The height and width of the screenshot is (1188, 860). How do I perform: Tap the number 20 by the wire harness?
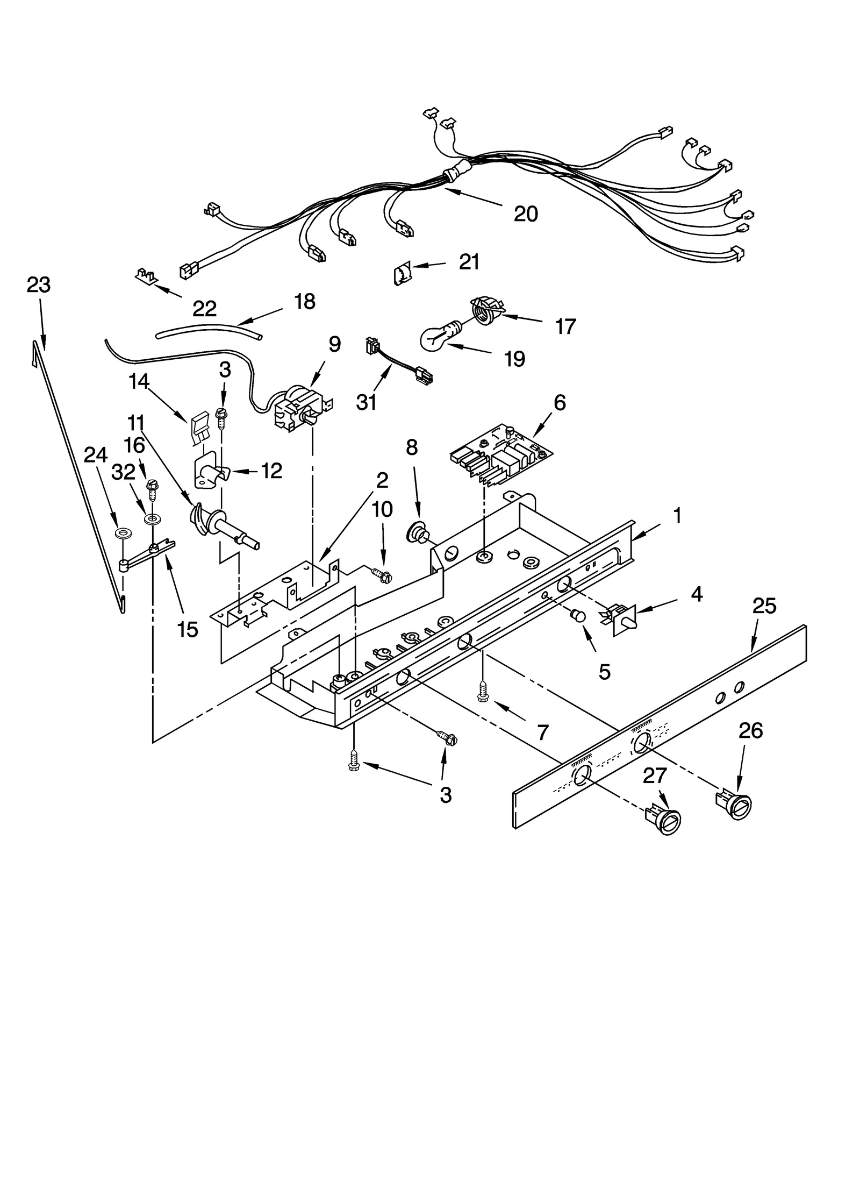[525, 214]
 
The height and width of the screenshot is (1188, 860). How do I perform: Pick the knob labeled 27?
[664, 822]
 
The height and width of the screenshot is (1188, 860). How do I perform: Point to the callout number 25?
[764, 606]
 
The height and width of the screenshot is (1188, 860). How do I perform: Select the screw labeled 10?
[382, 576]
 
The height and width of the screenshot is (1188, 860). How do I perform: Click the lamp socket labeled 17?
[485, 310]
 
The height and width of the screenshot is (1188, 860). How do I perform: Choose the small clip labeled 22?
[145, 276]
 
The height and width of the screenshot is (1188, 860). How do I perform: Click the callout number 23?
[38, 285]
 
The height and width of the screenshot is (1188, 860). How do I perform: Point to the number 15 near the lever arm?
[187, 629]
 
